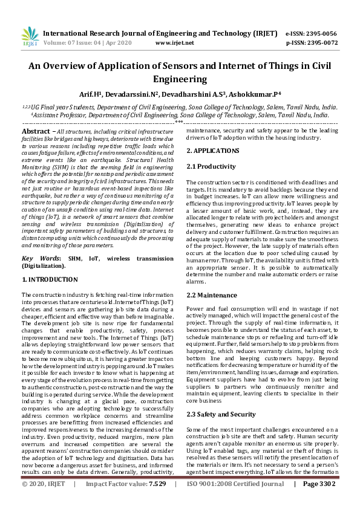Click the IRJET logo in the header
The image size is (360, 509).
click(29, 36)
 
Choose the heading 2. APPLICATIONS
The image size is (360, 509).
click(212, 150)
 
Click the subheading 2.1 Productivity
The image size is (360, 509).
click(211, 166)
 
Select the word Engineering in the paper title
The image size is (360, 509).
click(180, 79)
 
